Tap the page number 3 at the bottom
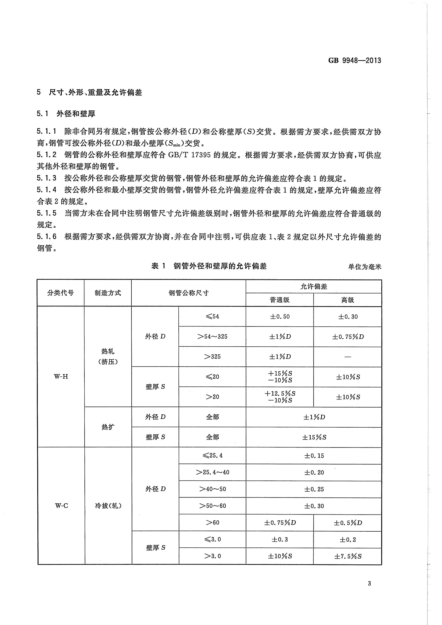click(x=369, y=583)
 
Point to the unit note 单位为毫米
click(x=364, y=267)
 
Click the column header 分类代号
click(x=60, y=293)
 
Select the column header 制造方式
click(x=108, y=293)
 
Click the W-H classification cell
click(x=61, y=376)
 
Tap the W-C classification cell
click(x=61, y=506)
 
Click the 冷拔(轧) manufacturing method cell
click(x=108, y=506)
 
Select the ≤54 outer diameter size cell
click(x=212, y=316)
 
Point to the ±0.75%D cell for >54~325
click(x=348, y=337)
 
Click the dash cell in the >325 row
click(x=348, y=357)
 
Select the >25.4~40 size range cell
click(x=212, y=472)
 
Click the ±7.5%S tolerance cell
click(x=348, y=556)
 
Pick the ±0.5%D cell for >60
click(x=348, y=523)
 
